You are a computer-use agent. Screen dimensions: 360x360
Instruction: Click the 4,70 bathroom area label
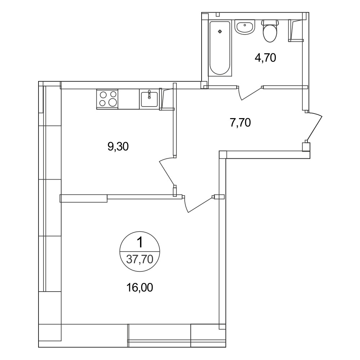(x=265, y=58)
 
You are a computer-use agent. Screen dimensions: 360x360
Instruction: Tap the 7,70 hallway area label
(x=240, y=123)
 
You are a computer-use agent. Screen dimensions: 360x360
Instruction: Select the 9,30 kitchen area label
(x=118, y=147)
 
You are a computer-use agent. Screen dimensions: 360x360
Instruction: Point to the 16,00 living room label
(x=140, y=287)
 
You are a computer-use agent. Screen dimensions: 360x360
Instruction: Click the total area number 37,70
(x=140, y=259)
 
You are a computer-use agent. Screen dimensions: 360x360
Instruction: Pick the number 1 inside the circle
(x=140, y=242)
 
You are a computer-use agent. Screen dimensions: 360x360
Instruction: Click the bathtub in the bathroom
(x=220, y=48)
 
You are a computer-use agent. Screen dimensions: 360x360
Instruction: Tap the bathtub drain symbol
(x=220, y=31)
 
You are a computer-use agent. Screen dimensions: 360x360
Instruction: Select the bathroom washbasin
(x=245, y=27)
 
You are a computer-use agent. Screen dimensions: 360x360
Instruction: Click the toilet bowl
(x=270, y=33)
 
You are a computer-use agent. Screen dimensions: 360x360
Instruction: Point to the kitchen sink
(x=149, y=99)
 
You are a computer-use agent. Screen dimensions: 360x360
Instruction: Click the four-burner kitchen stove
(x=107, y=99)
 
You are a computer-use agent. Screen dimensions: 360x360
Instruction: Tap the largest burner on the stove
(x=113, y=102)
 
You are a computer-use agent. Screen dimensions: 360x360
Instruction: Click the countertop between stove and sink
(x=129, y=99)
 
